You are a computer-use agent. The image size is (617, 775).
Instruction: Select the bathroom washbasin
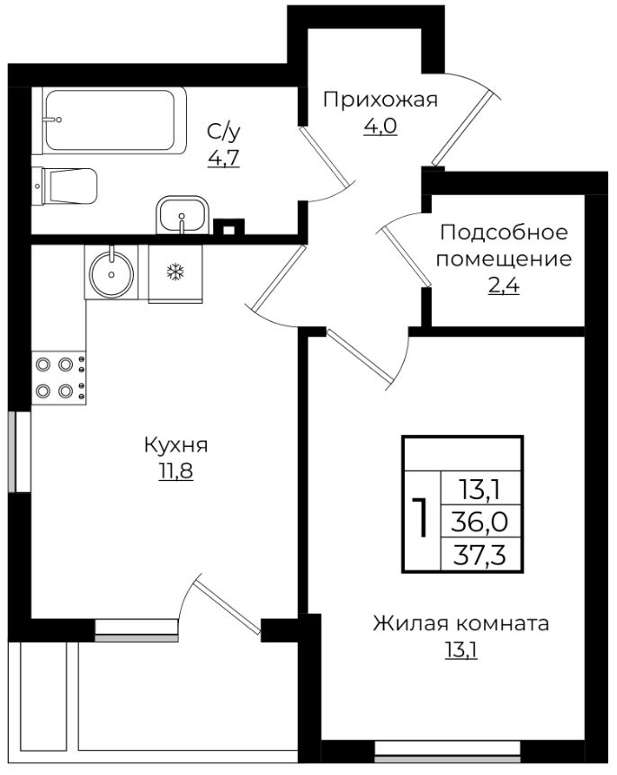(183, 216)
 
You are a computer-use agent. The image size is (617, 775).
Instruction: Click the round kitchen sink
(112, 270)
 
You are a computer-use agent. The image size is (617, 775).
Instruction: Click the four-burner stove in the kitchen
(58, 378)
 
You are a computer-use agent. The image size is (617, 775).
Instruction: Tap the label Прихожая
(380, 99)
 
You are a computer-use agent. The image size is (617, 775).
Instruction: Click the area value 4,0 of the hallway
(380, 126)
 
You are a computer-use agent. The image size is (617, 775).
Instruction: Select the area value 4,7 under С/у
(224, 159)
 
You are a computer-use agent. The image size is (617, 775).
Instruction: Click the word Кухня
(176, 445)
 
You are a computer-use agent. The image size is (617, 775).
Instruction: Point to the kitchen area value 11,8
(176, 471)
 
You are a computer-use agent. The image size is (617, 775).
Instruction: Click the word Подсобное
(504, 234)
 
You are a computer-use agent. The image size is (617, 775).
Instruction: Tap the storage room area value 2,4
(504, 288)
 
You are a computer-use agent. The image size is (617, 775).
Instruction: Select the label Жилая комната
(461, 623)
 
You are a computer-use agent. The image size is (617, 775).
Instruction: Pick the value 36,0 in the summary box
(481, 521)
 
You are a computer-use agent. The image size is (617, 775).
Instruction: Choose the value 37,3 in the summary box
(481, 554)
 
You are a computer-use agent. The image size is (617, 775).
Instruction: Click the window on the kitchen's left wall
(13, 451)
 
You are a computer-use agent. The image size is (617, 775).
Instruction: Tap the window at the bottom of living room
(447, 748)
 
